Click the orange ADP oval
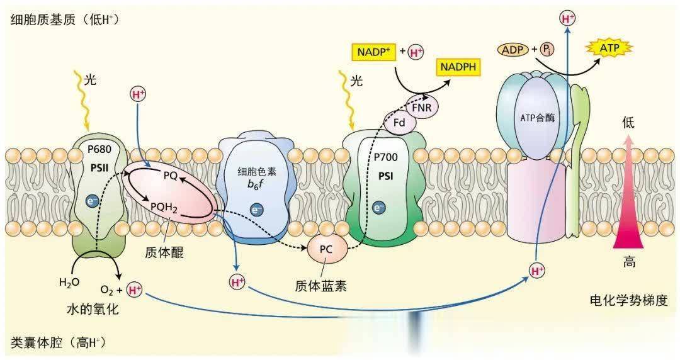513,48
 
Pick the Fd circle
399,123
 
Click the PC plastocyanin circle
326,249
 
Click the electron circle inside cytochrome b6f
256,209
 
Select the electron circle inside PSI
378,207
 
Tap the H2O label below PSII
70,282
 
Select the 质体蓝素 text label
320,285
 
